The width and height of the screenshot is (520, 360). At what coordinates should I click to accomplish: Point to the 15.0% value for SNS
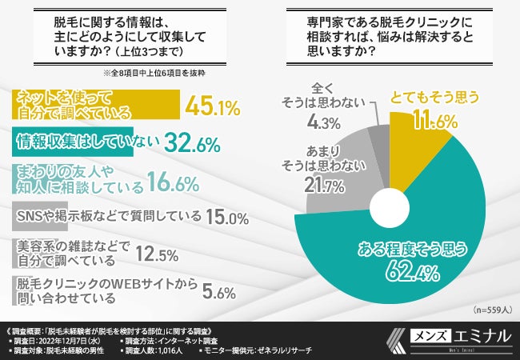(226, 217)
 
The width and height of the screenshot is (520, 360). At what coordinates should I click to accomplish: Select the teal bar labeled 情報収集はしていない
(88, 142)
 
